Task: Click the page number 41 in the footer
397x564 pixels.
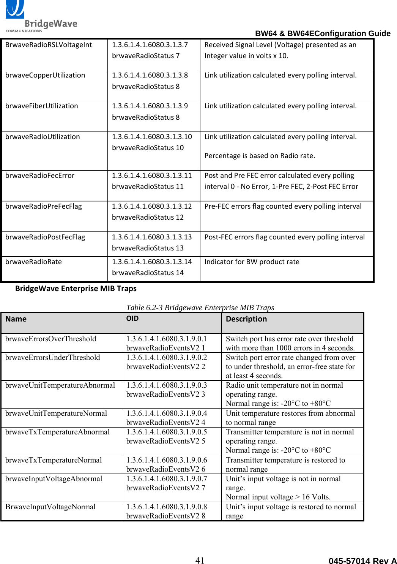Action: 200,560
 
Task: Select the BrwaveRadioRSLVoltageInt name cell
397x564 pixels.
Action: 49,45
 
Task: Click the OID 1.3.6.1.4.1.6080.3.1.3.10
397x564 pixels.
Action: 152,137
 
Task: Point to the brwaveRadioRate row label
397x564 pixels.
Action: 33,262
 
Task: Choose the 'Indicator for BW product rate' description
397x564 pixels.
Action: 252,262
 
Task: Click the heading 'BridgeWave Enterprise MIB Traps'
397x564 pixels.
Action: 76,288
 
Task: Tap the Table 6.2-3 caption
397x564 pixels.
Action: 200,307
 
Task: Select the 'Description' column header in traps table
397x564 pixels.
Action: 246,319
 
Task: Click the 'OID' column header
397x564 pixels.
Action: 132,318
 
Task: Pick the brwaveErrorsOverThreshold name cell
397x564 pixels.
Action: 51,339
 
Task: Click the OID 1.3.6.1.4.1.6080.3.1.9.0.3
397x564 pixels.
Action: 167,385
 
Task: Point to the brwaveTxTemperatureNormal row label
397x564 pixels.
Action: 54,460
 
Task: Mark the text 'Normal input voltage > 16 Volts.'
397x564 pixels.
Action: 278,497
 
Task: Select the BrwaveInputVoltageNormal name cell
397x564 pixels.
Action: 50,507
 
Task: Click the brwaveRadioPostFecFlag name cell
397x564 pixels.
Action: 45,237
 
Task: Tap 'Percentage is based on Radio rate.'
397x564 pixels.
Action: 260,156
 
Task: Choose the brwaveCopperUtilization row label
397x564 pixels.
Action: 45,75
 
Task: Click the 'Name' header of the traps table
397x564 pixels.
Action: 16,319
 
